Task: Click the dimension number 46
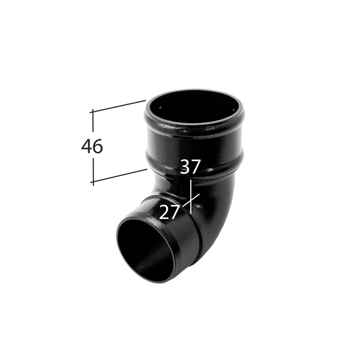(x=92, y=146)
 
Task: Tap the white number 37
(x=190, y=166)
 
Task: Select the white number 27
(x=169, y=211)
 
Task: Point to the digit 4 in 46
(x=86, y=146)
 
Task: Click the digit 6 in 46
(x=98, y=146)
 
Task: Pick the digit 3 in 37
(x=185, y=166)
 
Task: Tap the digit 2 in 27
(x=164, y=211)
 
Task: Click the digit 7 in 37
(x=196, y=166)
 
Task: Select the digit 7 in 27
(x=175, y=212)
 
